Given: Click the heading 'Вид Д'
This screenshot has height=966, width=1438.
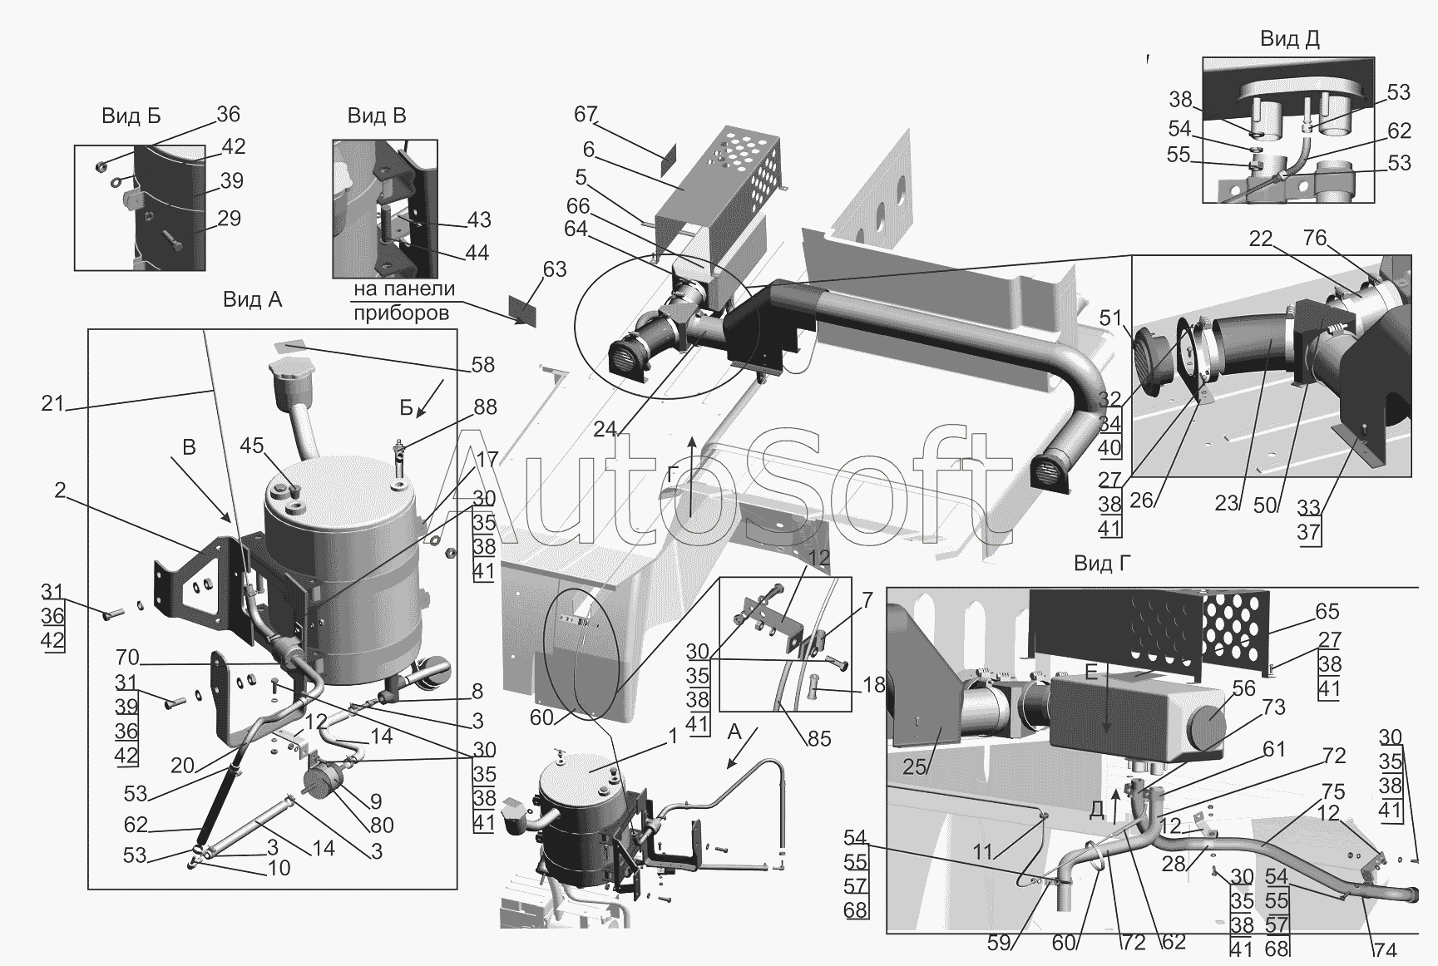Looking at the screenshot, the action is click(1289, 38).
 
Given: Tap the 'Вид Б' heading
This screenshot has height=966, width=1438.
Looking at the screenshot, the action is click(131, 116).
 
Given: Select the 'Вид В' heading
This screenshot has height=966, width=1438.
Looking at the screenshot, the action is click(377, 116).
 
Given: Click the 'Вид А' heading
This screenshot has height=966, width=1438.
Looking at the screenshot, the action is click(252, 299).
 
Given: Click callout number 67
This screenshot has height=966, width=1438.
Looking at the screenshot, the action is click(586, 114).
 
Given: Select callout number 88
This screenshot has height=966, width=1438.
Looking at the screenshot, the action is click(485, 407).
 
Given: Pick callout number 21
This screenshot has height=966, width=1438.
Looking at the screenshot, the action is click(52, 405).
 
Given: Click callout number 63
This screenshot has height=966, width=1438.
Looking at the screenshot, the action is click(555, 269).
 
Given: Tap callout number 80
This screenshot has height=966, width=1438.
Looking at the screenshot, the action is click(382, 826).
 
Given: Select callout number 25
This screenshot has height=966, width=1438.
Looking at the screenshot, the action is click(915, 766).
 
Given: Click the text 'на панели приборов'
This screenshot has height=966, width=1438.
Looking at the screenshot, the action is click(404, 301).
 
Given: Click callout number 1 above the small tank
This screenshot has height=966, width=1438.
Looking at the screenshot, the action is click(672, 737).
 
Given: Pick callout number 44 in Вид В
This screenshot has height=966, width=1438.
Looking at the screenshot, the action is click(477, 253).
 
